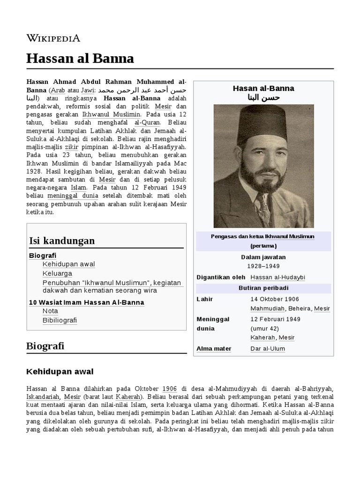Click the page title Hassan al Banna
click(80, 58)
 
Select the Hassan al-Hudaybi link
click(277, 277)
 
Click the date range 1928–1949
click(263, 266)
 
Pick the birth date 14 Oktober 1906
click(274, 299)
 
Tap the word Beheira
click(300, 308)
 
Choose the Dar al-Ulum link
click(267, 348)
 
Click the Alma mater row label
click(214, 348)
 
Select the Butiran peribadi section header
click(263, 288)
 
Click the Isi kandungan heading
click(62, 240)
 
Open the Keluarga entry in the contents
click(57, 273)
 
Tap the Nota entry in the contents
click(50, 311)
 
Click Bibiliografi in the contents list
click(60, 320)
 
